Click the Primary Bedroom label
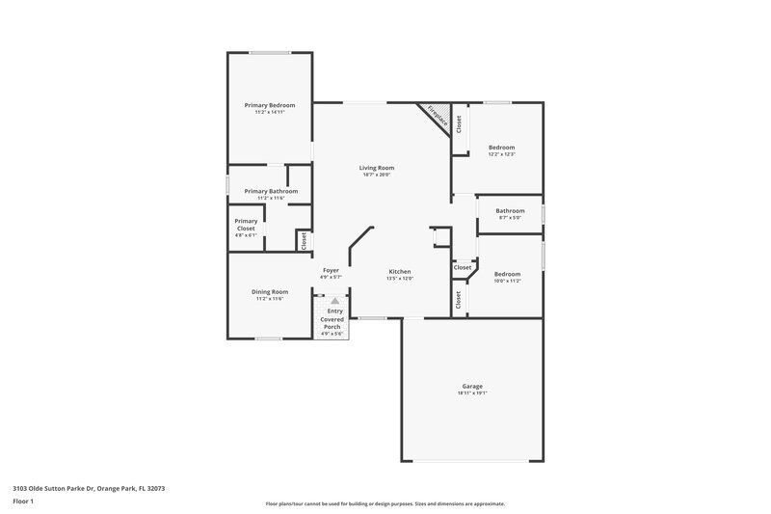(x=270, y=105)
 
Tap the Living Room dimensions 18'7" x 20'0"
(x=377, y=175)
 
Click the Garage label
(x=472, y=386)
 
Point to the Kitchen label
(x=400, y=271)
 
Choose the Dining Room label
(x=270, y=291)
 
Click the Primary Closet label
(x=246, y=225)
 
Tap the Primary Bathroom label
(x=271, y=191)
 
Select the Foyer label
(x=331, y=270)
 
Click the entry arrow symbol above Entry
(x=335, y=301)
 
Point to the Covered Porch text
(x=332, y=323)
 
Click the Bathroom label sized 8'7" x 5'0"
(x=510, y=210)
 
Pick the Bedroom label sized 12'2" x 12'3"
(x=501, y=148)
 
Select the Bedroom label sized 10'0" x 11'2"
(x=507, y=273)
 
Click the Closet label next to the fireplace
(x=460, y=124)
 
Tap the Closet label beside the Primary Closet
(x=304, y=240)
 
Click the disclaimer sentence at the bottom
(x=385, y=503)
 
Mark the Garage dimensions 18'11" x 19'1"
(x=472, y=392)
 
